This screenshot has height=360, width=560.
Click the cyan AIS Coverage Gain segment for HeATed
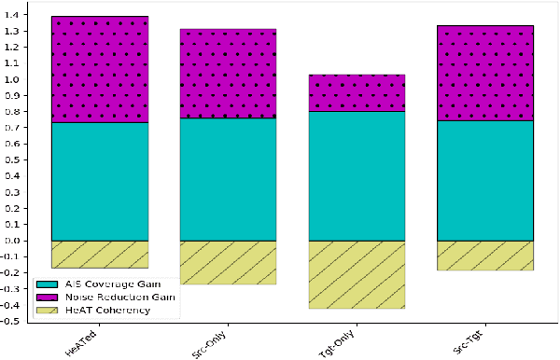click(x=100, y=181)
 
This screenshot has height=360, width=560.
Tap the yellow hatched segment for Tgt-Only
click(x=357, y=274)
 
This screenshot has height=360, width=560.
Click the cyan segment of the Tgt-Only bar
click(x=357, y=175)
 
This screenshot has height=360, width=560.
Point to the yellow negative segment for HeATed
click(x=100, y=254)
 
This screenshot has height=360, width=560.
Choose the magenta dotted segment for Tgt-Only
click(x=357, y=92)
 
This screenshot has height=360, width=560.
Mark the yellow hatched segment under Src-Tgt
click(x=484, y=255)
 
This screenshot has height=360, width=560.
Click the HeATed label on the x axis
click(x=78, y=339)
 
